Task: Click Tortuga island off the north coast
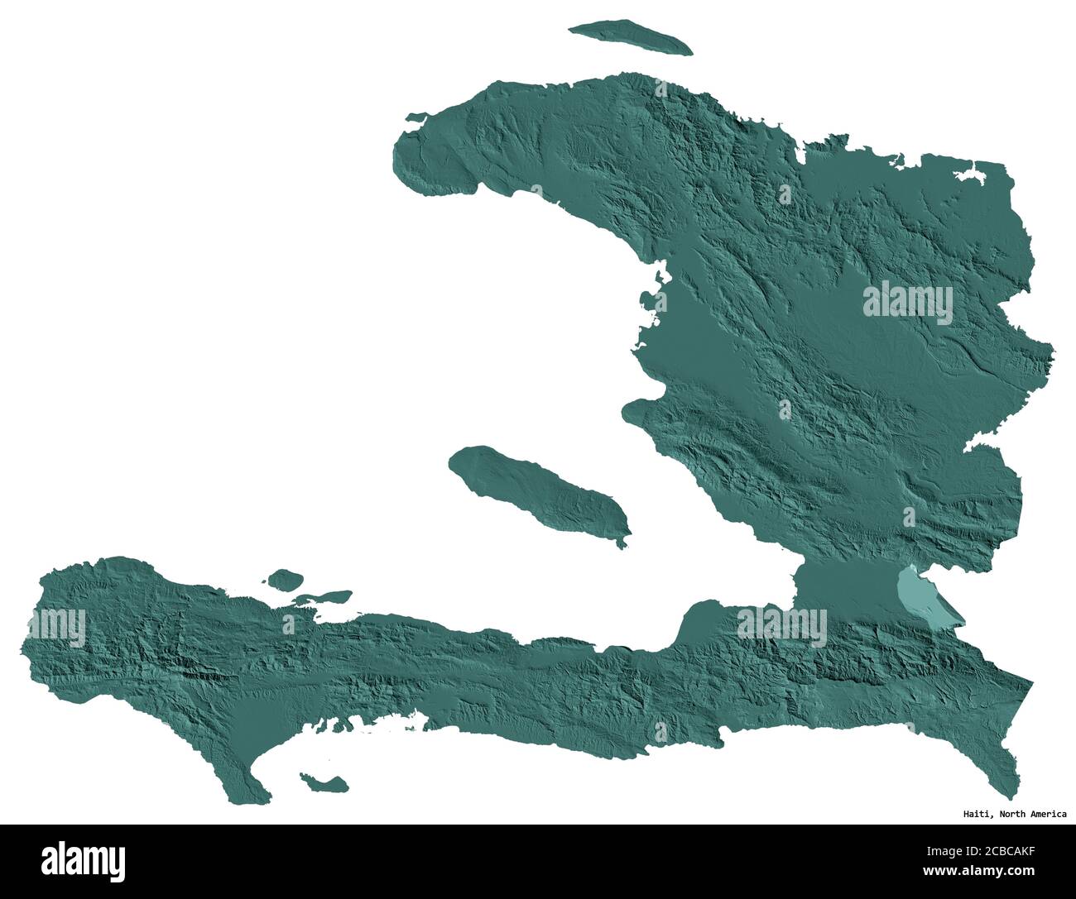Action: (x=630, y=38)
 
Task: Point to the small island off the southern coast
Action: (x=323, y=782)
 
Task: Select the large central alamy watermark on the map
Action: (x=907, y=304)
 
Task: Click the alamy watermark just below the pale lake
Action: (x=782, y=626)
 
